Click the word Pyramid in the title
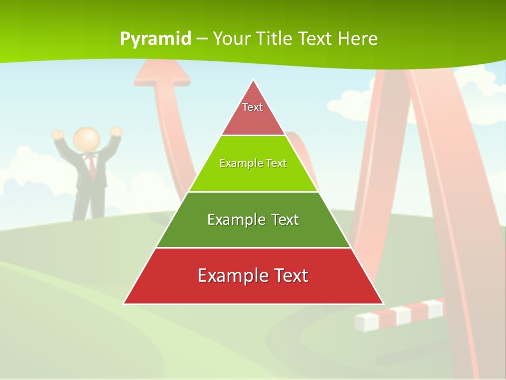pos(155,39)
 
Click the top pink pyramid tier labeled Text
pos(253,113)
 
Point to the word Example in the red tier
pos(230,275)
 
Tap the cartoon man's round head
pos(86,139)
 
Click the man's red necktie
pos(92,166)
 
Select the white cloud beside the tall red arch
pos(348,103)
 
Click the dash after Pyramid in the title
pos(202,39)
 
